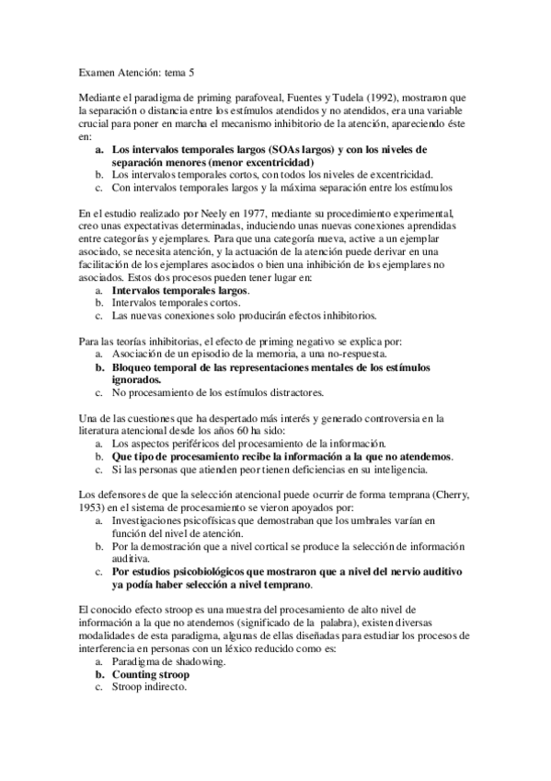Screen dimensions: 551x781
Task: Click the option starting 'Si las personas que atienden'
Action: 277,469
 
